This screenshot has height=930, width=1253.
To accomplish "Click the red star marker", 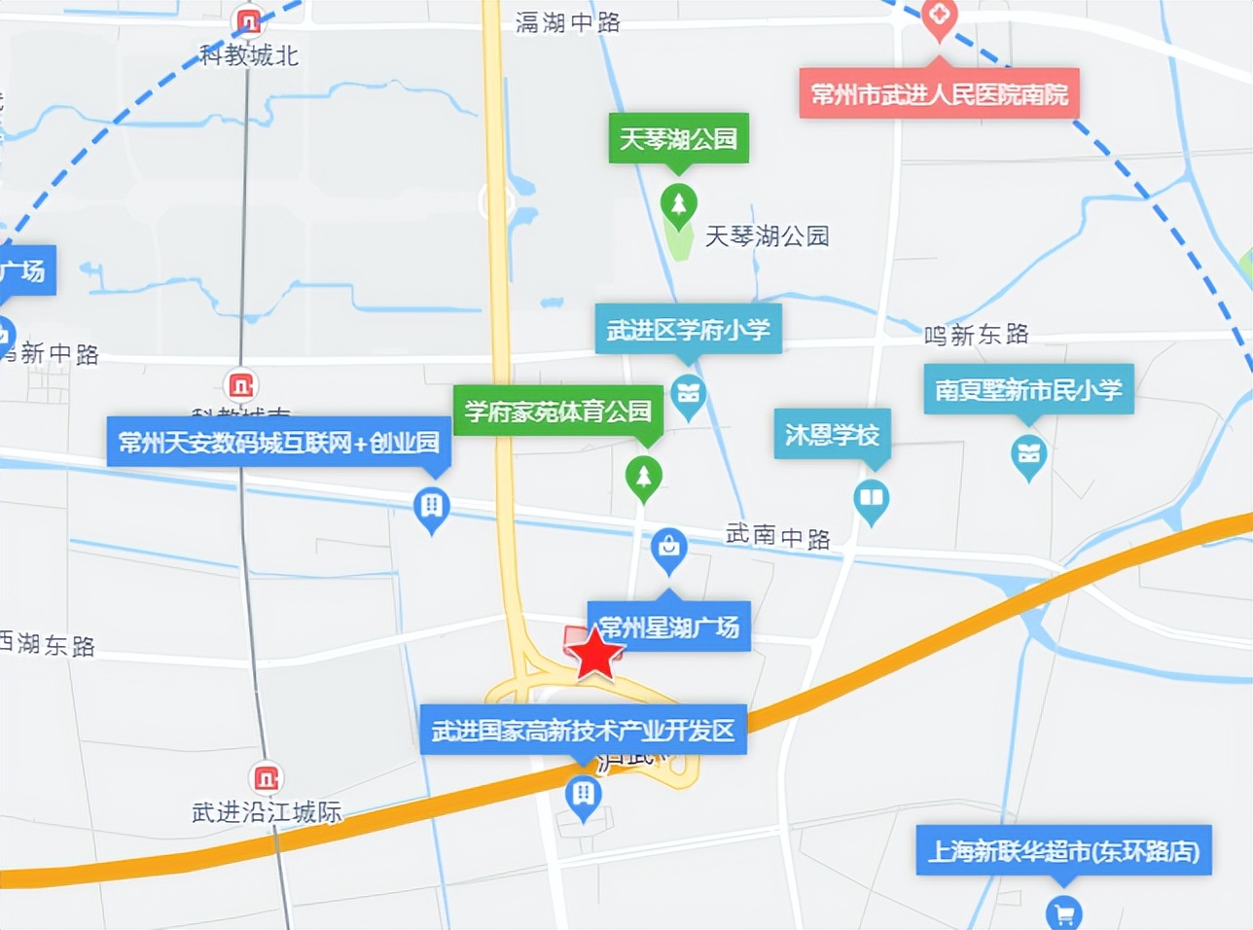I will [594, 654].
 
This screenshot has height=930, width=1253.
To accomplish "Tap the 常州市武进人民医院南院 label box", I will [939, 94].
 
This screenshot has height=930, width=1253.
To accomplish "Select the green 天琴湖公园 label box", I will [679, 139].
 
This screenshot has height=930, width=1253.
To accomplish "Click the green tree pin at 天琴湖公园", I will [678, 205].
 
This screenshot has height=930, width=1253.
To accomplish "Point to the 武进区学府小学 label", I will [688, 331].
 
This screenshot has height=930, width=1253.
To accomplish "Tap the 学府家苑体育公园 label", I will [557, 411].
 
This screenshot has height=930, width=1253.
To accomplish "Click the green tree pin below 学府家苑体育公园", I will [643, 478].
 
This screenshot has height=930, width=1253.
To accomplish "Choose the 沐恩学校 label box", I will [832, 435].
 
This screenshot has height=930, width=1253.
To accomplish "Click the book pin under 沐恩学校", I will [871, 499].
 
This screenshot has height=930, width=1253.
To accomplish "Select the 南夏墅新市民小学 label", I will [1028, 390].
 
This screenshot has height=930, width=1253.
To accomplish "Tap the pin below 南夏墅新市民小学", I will [1028, 454].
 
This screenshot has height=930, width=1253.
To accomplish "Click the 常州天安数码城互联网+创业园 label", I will [278, 443].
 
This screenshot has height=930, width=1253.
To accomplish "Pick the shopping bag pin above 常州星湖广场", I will [668, 548].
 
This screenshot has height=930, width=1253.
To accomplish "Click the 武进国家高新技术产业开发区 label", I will [583, 730].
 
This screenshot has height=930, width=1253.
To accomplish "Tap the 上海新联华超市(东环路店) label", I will [1063, 851].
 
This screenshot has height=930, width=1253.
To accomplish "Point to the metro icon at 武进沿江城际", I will [266, 778].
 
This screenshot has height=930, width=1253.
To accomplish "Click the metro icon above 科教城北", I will [248, 20].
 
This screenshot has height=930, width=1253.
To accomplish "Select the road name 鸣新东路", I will [976, 335].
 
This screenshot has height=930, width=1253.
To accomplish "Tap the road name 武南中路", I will [777, 535].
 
